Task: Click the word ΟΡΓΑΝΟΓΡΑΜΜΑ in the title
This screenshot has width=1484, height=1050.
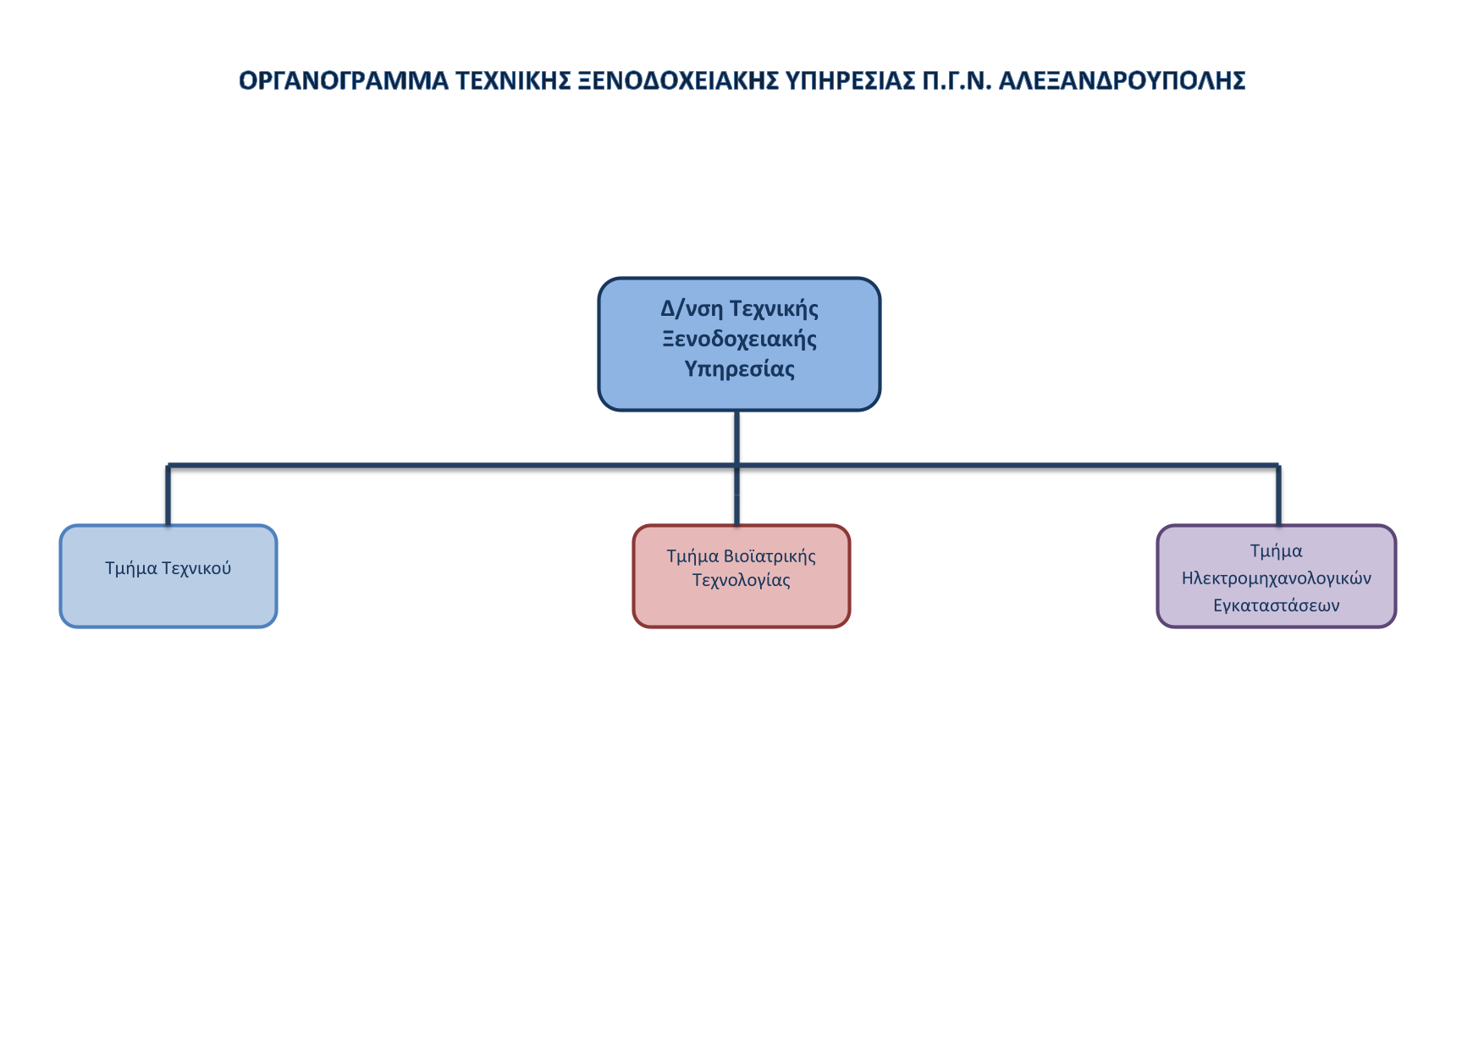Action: click(344, 80)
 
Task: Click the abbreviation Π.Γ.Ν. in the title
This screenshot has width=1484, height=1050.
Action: click(957, 80)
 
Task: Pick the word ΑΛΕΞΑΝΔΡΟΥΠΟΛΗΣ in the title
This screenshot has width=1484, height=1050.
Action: click(1122, 80)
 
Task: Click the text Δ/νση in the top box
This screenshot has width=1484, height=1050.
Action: click(692, 308)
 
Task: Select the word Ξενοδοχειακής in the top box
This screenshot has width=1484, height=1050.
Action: click(740, 339)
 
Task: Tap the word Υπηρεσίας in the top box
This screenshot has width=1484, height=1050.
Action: click(740, 369)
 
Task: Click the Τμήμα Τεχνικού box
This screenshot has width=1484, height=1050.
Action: click(168, 576)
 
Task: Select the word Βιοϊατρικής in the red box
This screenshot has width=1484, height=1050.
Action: click(770, 556)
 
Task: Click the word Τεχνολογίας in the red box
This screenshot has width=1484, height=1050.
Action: click(742, 580)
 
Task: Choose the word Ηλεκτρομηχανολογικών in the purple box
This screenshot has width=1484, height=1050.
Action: click(1277, 578)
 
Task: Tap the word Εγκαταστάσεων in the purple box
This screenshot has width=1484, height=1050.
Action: click(1277, 605)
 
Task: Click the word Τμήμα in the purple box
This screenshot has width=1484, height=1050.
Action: click(1277, 551)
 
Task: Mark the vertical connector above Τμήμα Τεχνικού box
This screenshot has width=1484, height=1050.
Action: click(168, 495)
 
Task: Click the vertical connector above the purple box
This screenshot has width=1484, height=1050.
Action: click(1278, 495)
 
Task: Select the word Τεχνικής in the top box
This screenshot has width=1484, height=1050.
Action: click(774, 308)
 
